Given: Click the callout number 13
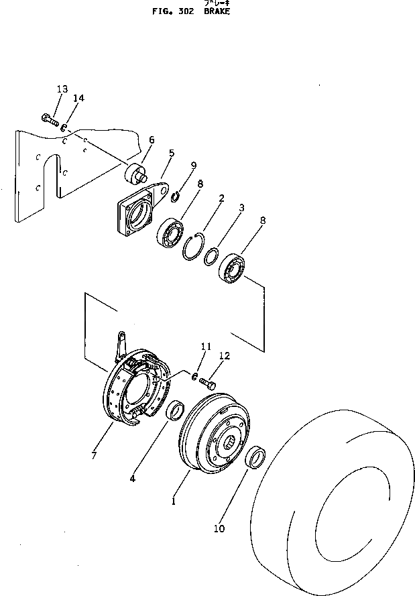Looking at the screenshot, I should [x=62, y=89].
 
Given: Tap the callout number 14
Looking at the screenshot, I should [x=78, y=99].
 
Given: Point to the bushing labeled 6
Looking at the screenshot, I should [x=136, y=172].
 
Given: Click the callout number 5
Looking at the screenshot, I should [x=171, y=153].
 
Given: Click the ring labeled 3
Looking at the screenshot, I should [x=211, y=256].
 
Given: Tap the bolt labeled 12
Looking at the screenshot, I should [x=206, y=383].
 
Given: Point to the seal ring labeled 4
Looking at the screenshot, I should [x=176, y=410].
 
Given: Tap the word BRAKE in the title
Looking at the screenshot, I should [x=216, y=11].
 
